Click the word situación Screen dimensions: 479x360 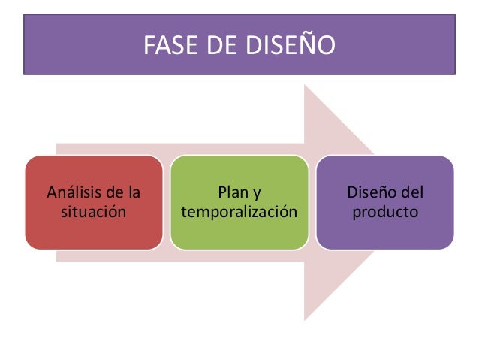pos(93,213)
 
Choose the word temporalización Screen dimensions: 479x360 pos(239,213)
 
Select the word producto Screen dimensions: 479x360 pos(384,213)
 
